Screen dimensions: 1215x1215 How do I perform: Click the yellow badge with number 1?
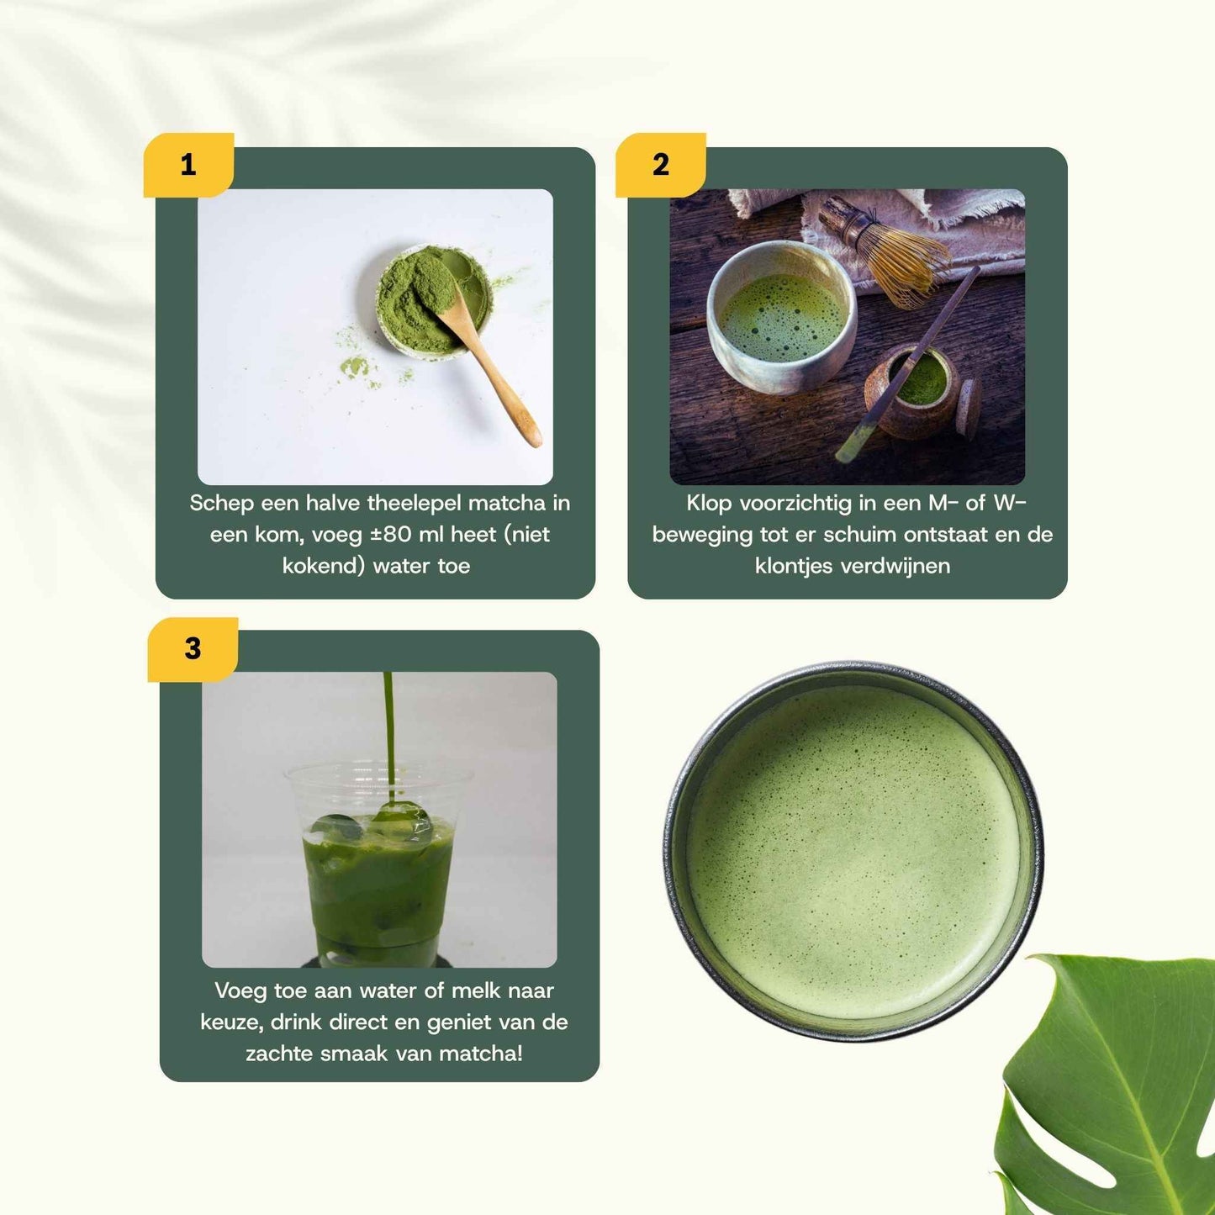pyautogui.click(x=188, y=165)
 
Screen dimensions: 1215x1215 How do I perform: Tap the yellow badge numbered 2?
pyautogui.click(x=660, y=165)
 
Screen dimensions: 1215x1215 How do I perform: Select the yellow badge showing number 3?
pyautogui.click(x=193, y=649)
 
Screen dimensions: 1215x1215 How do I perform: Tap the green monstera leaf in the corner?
pyautogui.click(x=1110, y=1093)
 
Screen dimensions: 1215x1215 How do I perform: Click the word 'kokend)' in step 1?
pyautogui.click(x=324, y=566)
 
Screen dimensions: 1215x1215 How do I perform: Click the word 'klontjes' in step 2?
pyautogui.click(x=794, y=566)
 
